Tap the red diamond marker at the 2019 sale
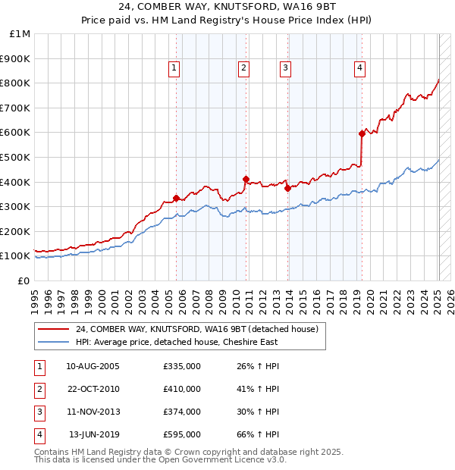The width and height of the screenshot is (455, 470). point(362,133)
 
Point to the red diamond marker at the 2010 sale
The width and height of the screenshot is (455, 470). point(246,180)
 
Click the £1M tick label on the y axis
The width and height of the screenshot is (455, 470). point(20,34)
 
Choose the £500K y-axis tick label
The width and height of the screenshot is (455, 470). point(15,158)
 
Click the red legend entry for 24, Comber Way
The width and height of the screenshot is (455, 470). point(201,330)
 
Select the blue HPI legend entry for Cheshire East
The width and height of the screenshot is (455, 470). point(176,342)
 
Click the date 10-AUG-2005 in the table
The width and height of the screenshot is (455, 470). point(93,366)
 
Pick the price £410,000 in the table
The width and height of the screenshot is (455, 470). point(182,389)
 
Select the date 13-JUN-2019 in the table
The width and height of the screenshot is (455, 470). point(95,434)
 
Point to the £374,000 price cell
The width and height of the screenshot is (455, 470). point(182,412)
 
